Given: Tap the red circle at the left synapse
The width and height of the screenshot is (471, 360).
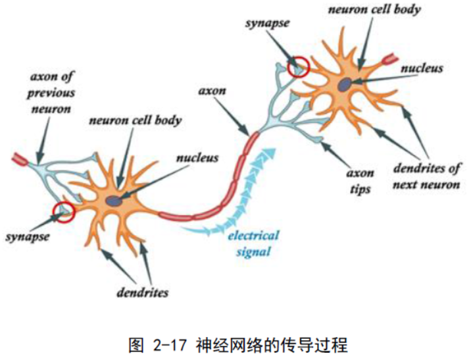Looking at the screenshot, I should click(64, 212).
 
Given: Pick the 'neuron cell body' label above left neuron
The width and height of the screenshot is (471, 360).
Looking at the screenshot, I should click(135, 121).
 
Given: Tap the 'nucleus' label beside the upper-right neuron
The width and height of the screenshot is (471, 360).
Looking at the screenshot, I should click(422, 68).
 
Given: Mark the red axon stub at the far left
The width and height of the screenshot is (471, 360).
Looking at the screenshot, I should click(18, 159).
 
